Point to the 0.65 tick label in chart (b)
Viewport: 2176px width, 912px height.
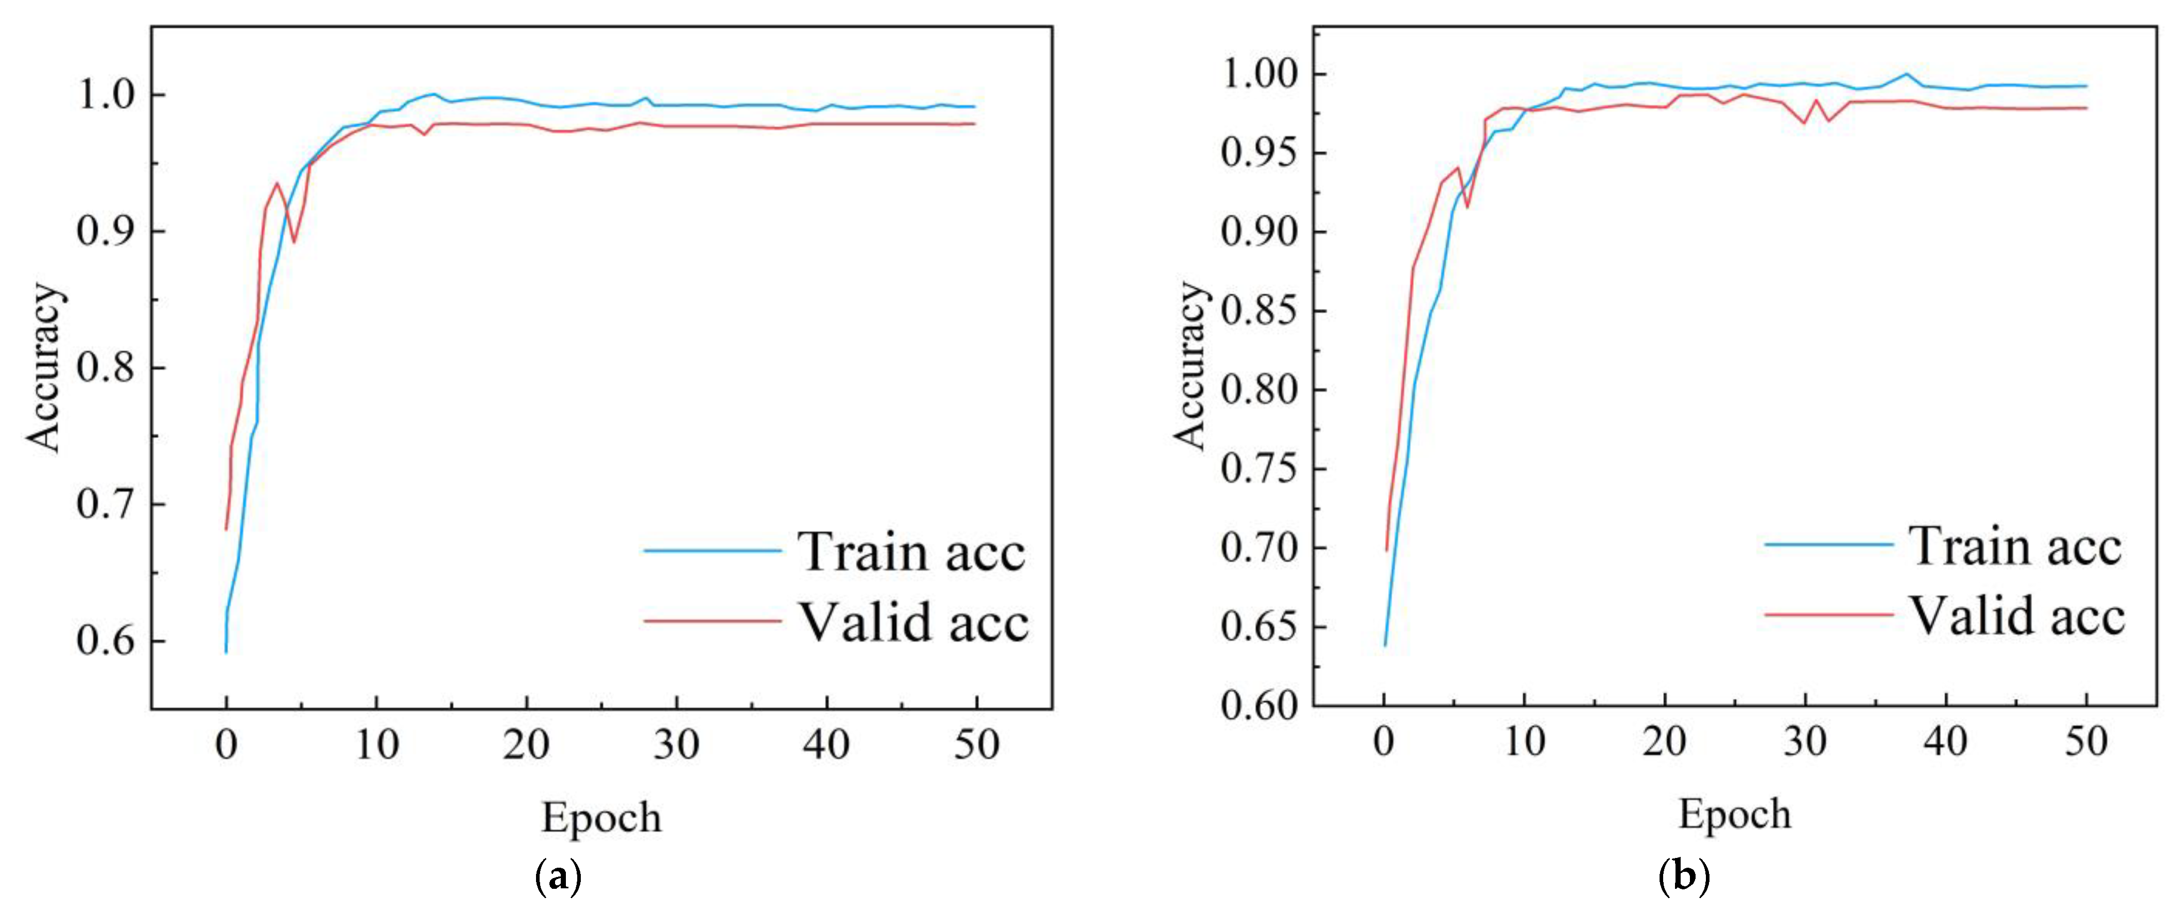point(1258,627)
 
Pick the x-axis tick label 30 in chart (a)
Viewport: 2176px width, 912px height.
point(677,745)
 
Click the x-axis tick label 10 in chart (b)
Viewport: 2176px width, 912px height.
point(1524,742)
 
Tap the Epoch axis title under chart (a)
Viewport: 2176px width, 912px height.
point(601,817)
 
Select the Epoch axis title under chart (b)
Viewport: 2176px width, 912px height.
point(1734,815)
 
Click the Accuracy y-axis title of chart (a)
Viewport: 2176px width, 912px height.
point(44,367)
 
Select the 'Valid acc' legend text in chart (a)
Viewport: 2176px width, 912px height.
point(914,623)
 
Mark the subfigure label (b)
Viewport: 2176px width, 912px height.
point(1684,878)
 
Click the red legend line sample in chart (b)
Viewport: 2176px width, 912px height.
point(1829,614)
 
